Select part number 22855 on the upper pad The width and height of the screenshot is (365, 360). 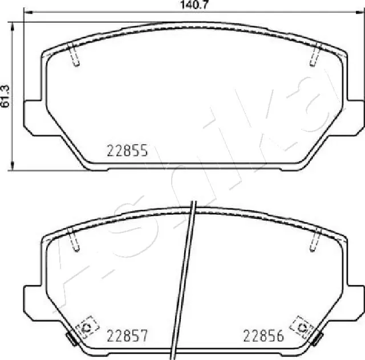128,151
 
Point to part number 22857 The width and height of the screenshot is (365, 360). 128,336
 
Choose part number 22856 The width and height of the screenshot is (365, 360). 263,336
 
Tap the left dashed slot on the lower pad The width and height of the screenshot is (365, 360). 73,239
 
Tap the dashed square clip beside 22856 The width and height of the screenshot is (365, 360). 300,327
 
